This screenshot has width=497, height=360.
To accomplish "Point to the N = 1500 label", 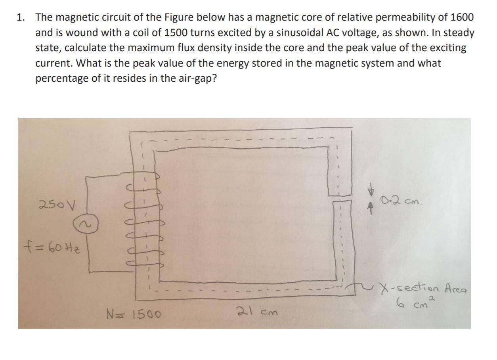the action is pos(134,315).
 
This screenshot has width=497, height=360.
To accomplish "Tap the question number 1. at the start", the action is pos(21,17).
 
